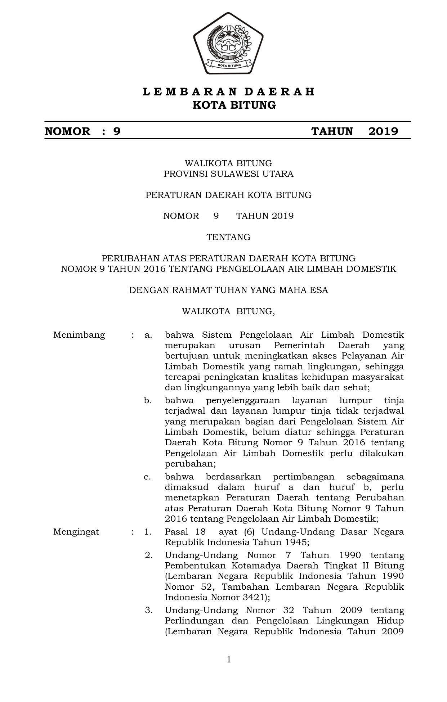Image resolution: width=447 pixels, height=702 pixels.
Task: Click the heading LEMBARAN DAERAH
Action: coord(229,92)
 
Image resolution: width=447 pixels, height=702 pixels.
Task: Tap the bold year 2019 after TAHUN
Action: coord(383,131)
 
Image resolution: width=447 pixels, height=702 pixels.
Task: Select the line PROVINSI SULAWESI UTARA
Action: coord(228,174)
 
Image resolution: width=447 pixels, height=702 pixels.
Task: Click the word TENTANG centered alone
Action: coord(228,237)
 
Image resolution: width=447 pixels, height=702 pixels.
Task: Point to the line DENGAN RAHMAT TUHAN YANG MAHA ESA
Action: coord(228,290)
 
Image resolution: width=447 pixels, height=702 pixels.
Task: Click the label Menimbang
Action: coord(79,335)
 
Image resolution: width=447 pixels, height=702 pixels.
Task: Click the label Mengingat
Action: coord(76,532)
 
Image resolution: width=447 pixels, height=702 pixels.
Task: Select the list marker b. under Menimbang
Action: coord(148,400)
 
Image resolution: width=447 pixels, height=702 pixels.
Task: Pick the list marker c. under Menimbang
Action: coord(147,477)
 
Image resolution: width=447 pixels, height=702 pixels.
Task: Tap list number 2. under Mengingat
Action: coord(149,555)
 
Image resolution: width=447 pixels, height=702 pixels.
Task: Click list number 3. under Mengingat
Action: coord(149,610)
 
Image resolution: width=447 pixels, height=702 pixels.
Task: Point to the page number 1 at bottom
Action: coord(229,660)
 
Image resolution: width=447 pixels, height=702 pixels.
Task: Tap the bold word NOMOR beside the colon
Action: coord(67,131)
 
